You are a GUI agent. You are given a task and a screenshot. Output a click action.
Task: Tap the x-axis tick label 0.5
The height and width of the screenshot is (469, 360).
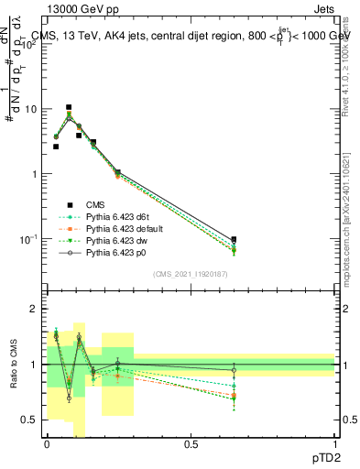point(191,444)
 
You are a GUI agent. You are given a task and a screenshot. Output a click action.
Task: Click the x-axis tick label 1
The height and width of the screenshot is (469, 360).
point(334,444)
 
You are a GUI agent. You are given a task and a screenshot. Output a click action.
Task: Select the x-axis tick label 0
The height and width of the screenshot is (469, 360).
point(47,444)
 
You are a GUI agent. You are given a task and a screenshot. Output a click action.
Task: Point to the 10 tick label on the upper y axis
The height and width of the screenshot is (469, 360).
point(31,109)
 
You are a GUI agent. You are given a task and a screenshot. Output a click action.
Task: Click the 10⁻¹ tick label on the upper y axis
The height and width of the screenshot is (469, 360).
point(29,239)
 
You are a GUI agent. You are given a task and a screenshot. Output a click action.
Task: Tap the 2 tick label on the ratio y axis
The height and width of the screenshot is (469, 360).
point(36,309)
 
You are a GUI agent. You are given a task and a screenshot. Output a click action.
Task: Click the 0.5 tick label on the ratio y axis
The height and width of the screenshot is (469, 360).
point(32,420)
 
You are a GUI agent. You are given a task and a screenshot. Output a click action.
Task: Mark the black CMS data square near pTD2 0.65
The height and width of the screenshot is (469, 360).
point(234,239)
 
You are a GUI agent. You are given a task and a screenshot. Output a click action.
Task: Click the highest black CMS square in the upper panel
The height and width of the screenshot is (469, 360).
point(69,107)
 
